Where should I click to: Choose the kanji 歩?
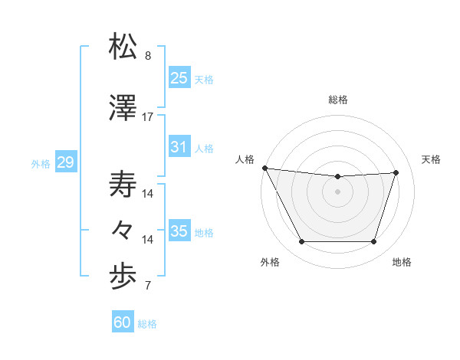[x=123, y=277]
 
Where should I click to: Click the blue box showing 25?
[x=179, y=78]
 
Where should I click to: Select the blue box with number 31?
[x=179, y=147]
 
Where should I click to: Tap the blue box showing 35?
[x=179, y=231]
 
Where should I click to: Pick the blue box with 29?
[x=65, y=162]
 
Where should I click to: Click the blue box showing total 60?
[x=123, y=322]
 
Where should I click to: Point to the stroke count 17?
[x=148, y=117]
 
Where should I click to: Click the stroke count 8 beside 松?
[x=148, y=56]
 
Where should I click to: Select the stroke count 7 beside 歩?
[x=148, y=286]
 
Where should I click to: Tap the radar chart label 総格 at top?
[x=337, y=100]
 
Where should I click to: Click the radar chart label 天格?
[x=432, y=159]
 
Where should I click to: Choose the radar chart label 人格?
[x=245, y=159]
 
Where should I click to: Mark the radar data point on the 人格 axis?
[x=264, y=168]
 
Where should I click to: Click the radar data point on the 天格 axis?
[x=396, y=172]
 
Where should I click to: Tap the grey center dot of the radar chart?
[x=337, y=191]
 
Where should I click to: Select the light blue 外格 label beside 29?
[x=40, y=163]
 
